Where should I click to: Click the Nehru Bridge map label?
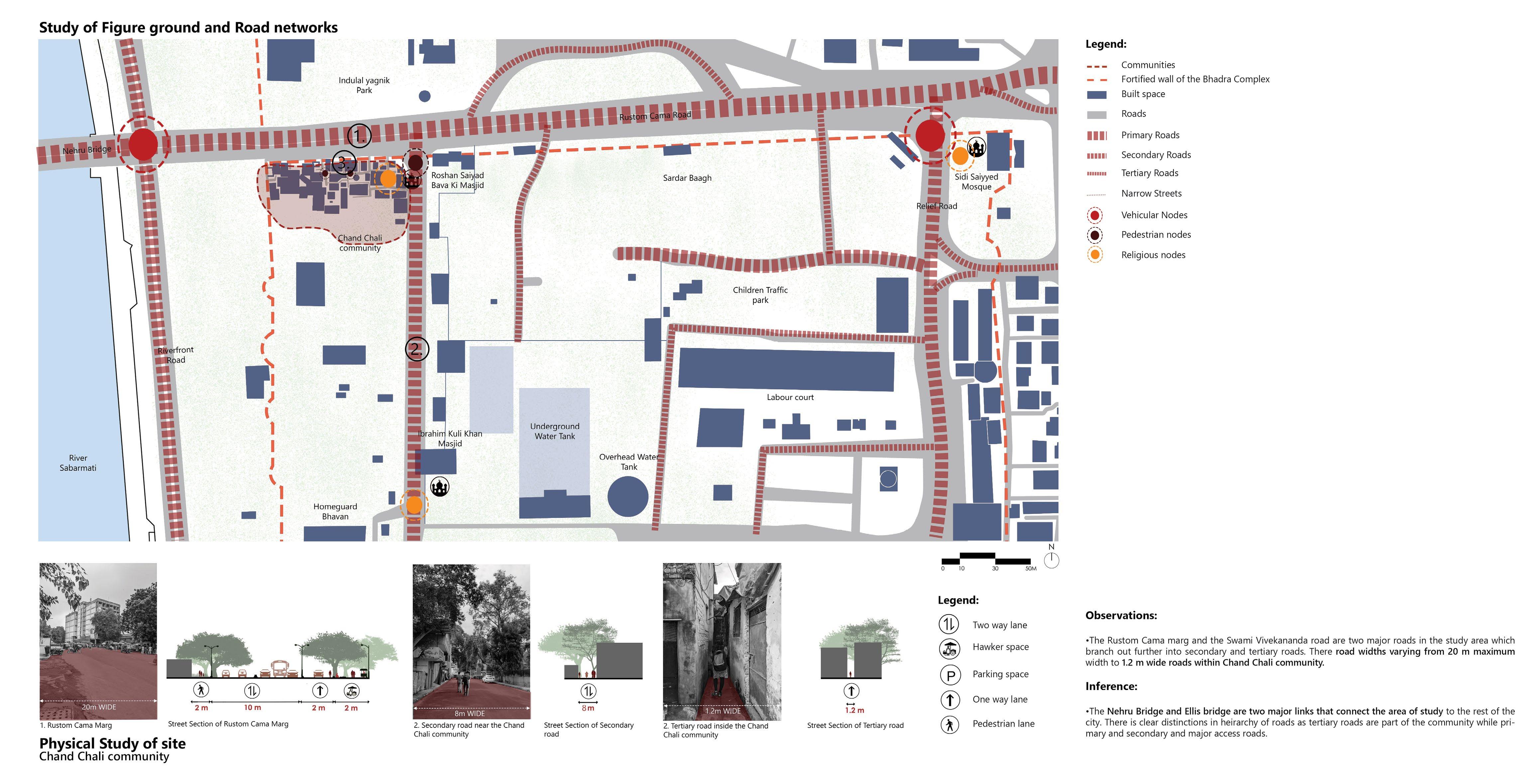(87, 150)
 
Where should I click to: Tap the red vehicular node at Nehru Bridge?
(143, 145)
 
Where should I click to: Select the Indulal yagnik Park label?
(364, 85)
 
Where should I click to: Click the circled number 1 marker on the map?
(359, 136)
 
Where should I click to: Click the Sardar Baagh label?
(687, 178)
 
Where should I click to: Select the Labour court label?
(790, 397)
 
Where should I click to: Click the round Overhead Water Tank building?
(627, 497)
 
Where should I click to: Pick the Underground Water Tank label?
(554, 431)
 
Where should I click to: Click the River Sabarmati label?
(78, 462)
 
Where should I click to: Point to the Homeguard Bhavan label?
(335, 511)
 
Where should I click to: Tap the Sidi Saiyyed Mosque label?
(976, 181)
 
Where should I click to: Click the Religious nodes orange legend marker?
(1095, 254)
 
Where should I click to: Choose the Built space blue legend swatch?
(1097, 94)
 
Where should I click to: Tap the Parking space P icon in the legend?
(950, 674)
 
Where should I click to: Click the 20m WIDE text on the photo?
(99, 707)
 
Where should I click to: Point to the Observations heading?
(1121, 615)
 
